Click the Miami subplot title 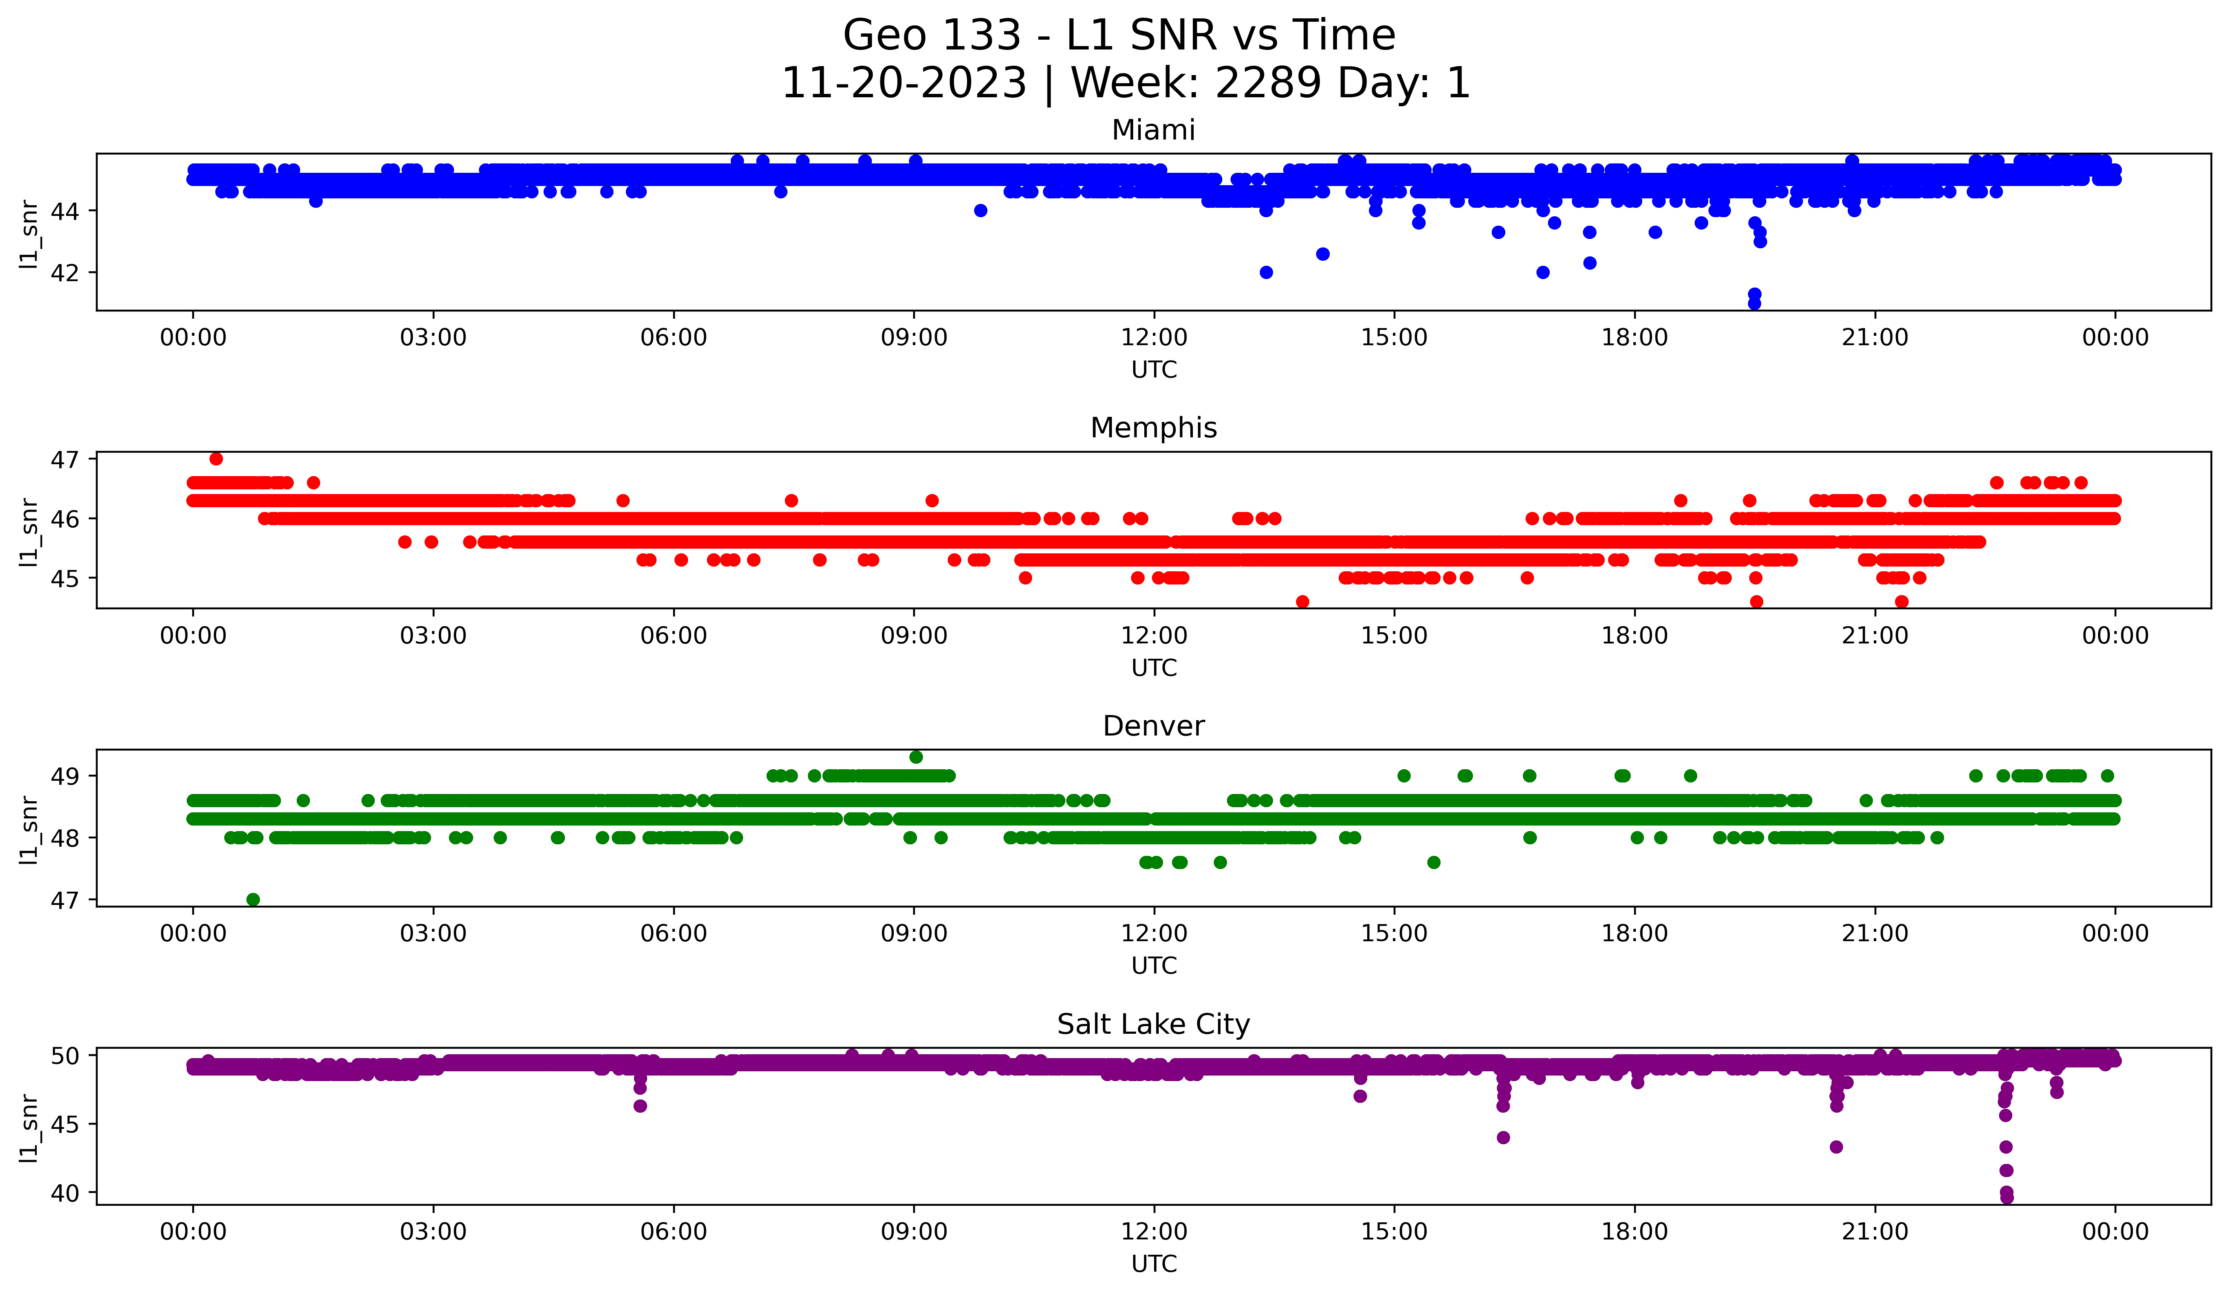pos(1153,130)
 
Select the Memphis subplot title pos(1153,428)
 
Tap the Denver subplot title pos(1153,726)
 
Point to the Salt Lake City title pos(1153,1024)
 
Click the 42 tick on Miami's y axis pos(64,273)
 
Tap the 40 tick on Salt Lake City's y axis pos(64,1193)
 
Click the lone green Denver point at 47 pos(253,899)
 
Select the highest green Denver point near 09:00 pos(916,757)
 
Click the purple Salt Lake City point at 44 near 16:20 pos(1503,1137)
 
